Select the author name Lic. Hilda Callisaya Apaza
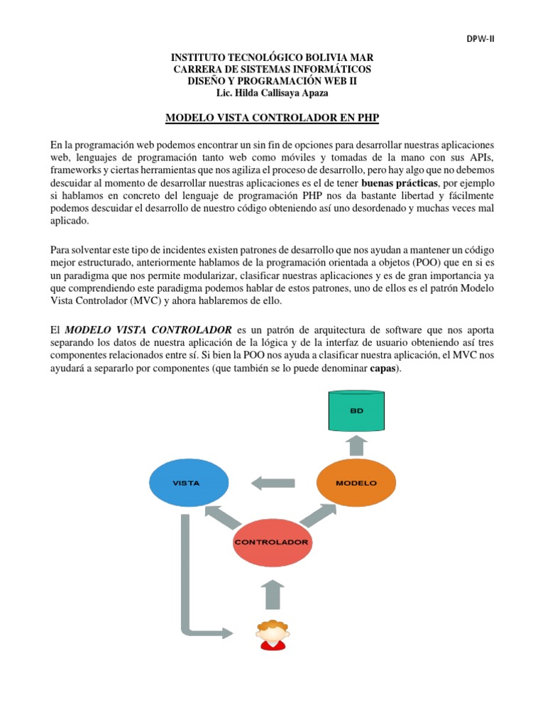(x=272, y=93)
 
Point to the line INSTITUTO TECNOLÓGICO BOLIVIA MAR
(x=272, y=57)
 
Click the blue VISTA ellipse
(x=189, y=482)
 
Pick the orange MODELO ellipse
(x=356, y=482)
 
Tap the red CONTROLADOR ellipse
(x=272, y=542)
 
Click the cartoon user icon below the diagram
(x=272, y=634)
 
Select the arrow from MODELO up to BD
(x=357, y=446)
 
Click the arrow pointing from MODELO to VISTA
(x=274, y=483)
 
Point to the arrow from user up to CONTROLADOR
(x=272, y=594)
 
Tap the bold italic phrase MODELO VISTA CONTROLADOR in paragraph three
(x=149, y=330)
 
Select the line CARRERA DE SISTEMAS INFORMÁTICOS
(x=272, y=69)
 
